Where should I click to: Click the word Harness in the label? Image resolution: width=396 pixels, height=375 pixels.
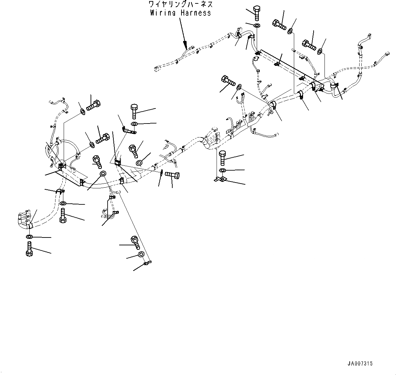[x=195, y=13]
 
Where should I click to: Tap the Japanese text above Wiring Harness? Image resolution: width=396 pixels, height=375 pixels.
[x=180, y=4]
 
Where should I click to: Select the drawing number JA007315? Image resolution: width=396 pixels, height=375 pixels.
[x=360, y=364]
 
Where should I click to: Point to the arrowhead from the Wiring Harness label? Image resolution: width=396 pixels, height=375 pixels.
[x=186, y=45]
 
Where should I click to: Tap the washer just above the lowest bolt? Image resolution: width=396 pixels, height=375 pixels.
[x=29, y=237]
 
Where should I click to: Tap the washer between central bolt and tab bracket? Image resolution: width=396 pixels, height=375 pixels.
[x=222, y=170]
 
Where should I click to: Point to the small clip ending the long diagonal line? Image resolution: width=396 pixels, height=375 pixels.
[x=147, y=263]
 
